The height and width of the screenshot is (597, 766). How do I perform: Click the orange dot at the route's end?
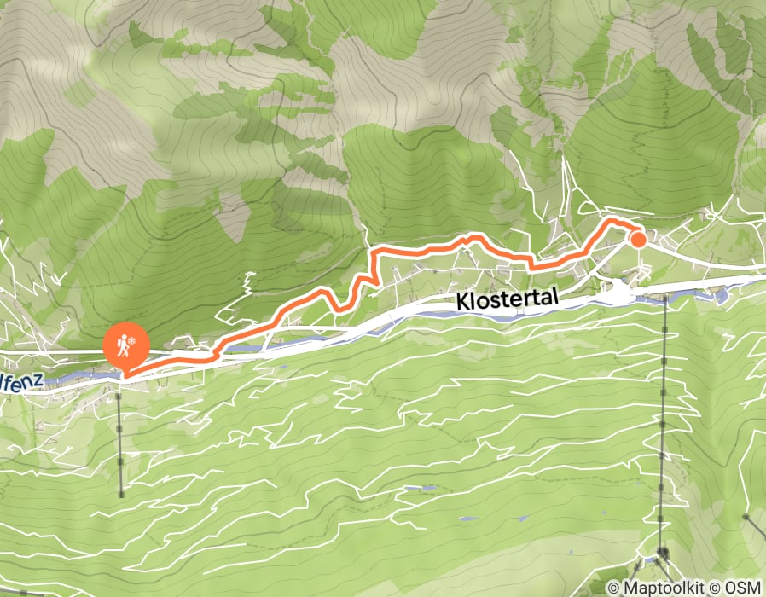(638, 239)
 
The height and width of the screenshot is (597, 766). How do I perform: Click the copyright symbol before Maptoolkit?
(614, 588)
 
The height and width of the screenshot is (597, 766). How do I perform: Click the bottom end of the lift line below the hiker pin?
(121, 494)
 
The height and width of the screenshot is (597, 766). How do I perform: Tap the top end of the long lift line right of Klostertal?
(665, 298)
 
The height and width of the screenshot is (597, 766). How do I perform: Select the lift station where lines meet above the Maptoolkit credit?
(662, 555)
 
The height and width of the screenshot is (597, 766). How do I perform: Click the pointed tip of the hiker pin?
(125, 374)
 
